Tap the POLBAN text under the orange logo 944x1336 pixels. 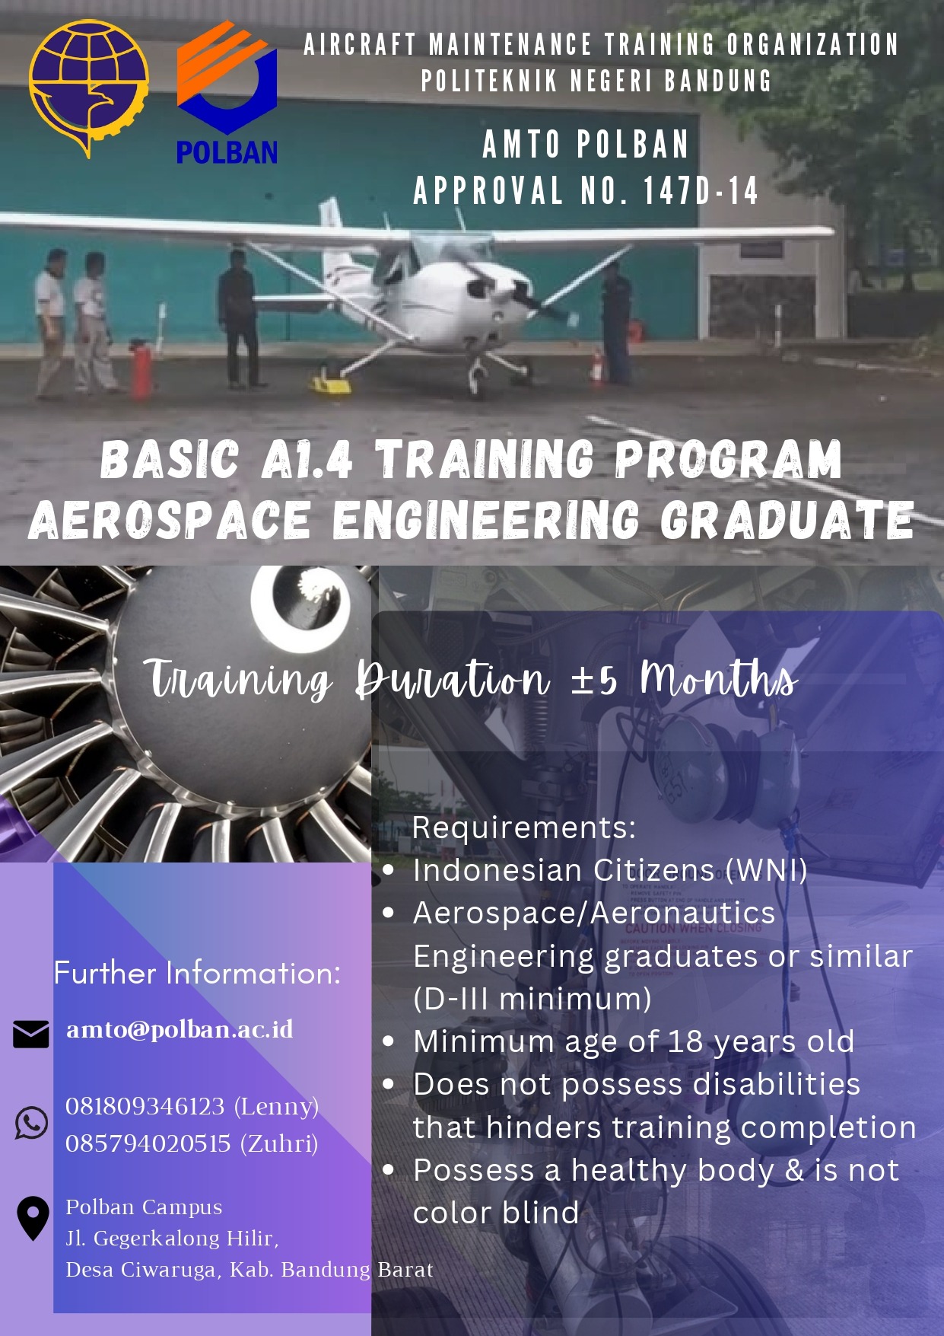[x=227, y=151]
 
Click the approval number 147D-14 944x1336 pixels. [x=701, y=190]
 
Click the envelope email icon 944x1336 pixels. [x=31, y=1034]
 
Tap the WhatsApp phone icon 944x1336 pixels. [x=31, y=1123]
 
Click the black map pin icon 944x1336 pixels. [x=33, y=1218]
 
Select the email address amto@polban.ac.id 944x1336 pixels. [x=180, y=1029]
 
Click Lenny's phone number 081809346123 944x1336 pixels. [x=145, y=1106]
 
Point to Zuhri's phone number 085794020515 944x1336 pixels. [x=148, y=1143]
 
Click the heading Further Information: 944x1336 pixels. [x=198, y=973]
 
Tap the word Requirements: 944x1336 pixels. [x=524, y=827]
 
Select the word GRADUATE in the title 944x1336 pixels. [x=787, y=520]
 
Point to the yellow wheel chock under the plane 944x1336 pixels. [x=329, y=381]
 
